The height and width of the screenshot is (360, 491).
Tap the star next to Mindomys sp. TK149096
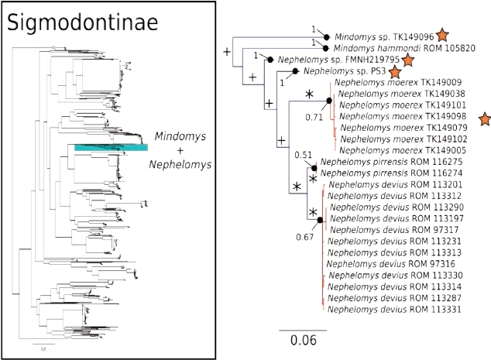[441, 35]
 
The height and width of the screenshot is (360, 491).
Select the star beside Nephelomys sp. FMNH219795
[407, 60]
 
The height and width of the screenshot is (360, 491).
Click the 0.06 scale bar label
[303, 341]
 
